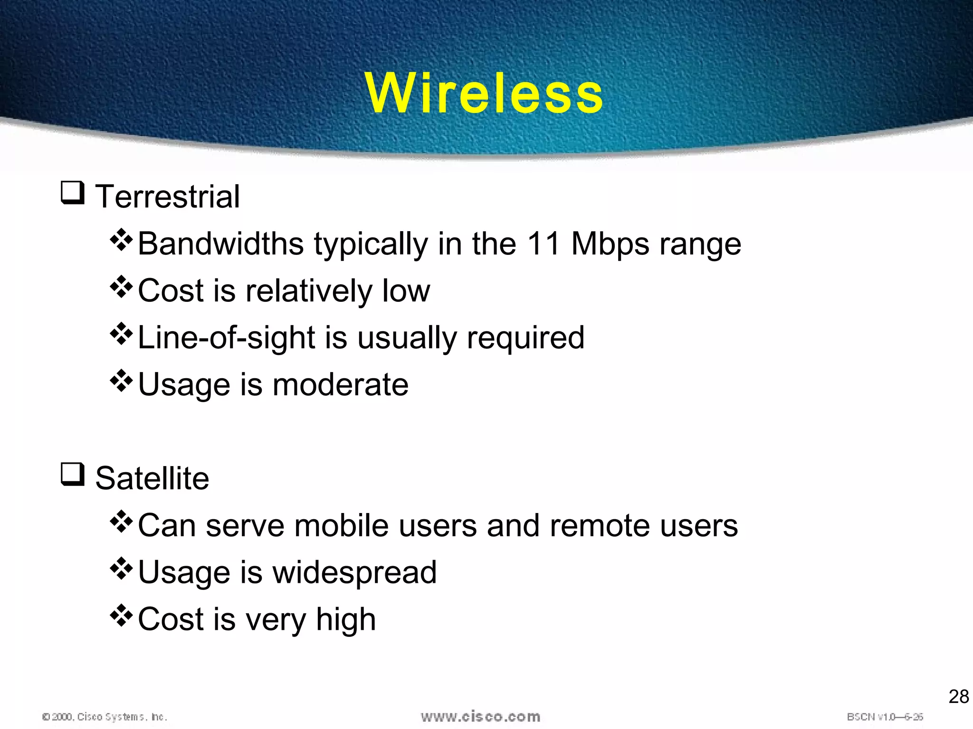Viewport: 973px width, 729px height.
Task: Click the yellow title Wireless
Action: pos(484,93)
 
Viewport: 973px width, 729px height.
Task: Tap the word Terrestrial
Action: pos(167,196)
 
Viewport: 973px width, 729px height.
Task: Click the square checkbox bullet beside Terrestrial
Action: pos(73,193)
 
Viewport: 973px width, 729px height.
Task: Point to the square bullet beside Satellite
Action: pos(73,474)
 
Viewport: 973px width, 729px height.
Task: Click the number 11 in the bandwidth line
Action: pos(544,243)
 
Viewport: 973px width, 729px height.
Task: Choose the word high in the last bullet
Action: pos(345,620)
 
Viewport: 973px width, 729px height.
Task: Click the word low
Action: pos(406,290)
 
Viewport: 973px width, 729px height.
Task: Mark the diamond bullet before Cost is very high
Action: pos(121,616)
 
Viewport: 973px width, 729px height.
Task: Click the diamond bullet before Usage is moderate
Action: pos(121,381)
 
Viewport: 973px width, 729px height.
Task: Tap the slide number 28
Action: pos(958,697)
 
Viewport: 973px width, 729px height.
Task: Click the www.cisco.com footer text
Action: pos(480,717)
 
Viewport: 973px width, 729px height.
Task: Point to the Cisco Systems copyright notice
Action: pos(105,717)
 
